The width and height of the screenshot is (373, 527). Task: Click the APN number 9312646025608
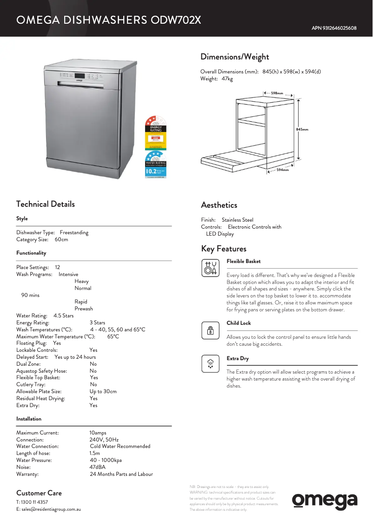click(x=334, y=28)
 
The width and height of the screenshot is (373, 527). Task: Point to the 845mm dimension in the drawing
click(x=302, y=129)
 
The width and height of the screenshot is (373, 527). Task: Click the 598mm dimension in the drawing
click(x=277, y=93)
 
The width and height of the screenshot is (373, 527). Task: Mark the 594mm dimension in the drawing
click(x=282, y=170)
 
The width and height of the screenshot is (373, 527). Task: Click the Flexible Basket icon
click(x=211, y=268)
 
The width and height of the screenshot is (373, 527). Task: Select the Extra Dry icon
click(x=211, y=364)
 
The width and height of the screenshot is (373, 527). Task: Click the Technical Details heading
click(x=45, y=204)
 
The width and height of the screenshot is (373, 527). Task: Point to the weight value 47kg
click(x=227, y=79)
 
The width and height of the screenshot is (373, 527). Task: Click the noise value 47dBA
click(x=97, y=467)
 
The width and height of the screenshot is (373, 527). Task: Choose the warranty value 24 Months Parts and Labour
click(x=121, y=474)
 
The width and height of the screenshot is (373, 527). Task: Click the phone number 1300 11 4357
click(x=35, y=502)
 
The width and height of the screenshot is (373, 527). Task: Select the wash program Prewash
click(x=84, y=309)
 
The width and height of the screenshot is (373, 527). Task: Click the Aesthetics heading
click(x=219, y=205)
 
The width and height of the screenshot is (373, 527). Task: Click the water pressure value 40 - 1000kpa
click(x=105, y=460)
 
